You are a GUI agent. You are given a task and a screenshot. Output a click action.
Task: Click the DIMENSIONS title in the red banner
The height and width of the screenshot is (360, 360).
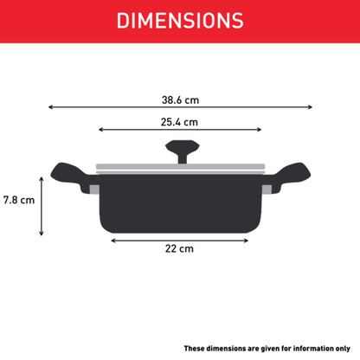pos(180,21)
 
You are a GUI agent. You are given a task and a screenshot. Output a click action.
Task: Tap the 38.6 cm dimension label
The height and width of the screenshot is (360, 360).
pos(180,100)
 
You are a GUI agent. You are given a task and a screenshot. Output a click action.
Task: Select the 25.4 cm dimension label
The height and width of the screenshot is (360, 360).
pos(179,122)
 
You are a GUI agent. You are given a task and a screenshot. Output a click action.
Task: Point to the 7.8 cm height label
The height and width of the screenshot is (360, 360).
pos(19,200)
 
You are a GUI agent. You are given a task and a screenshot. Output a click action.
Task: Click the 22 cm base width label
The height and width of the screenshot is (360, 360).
pos(179,248)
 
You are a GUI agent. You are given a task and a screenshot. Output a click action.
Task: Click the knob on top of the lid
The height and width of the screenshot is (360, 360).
pos(183,151)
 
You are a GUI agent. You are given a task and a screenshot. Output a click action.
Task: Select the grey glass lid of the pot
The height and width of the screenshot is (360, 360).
pos(180,169)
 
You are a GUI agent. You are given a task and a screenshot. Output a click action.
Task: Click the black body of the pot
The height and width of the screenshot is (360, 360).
pos(181,203)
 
